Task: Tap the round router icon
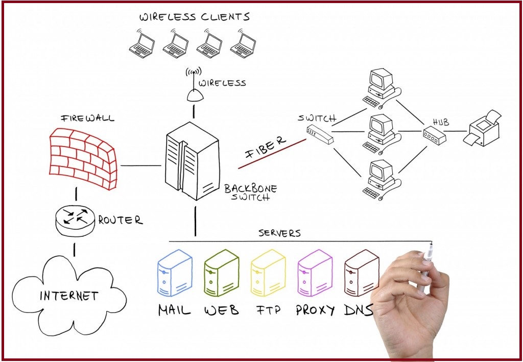75,220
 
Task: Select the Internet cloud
68,295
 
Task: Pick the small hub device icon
434,135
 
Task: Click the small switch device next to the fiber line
319,134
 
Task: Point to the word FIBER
266,146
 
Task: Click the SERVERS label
279,233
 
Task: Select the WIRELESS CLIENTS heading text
195,17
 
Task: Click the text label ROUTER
120,221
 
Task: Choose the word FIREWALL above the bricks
88,118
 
